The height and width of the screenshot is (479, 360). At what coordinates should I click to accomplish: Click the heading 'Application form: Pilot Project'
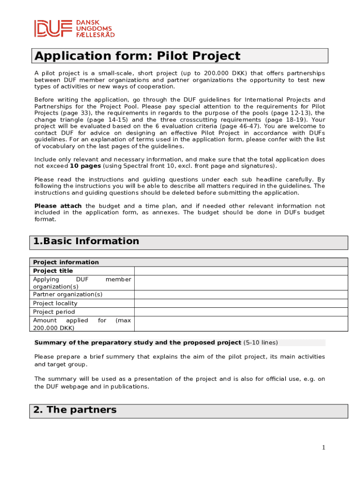[x=137, y=56]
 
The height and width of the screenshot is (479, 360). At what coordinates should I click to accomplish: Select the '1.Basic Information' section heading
[x=86, y=241]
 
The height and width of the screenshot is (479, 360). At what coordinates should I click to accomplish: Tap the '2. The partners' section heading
[x=75, y=410]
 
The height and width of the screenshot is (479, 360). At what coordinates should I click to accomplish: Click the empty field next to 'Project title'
[x=241, y=271]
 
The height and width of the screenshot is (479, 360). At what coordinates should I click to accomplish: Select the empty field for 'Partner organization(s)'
[x=241, y=294]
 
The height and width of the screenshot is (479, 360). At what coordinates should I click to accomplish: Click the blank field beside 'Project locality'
[x=241, y=303]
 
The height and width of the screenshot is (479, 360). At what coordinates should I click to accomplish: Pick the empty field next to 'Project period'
[x=241, y=312]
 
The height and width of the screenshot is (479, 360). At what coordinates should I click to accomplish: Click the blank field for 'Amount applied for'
[x=241, y=324]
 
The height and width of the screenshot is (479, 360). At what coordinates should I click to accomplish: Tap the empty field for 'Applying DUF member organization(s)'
[x=241, y=283]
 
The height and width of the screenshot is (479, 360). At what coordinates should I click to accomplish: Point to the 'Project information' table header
[x=66, y=262]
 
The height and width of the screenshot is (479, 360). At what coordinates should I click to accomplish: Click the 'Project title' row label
[x=53, y=271]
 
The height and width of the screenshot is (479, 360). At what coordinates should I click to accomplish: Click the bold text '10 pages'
[x=85, y=166]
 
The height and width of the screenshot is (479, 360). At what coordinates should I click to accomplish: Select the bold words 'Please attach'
[x=58, y=206]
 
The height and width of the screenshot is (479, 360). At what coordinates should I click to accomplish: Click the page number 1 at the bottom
[x=323, y=448]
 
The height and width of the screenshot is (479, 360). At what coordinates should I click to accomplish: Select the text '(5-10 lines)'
[x=260, y=342]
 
